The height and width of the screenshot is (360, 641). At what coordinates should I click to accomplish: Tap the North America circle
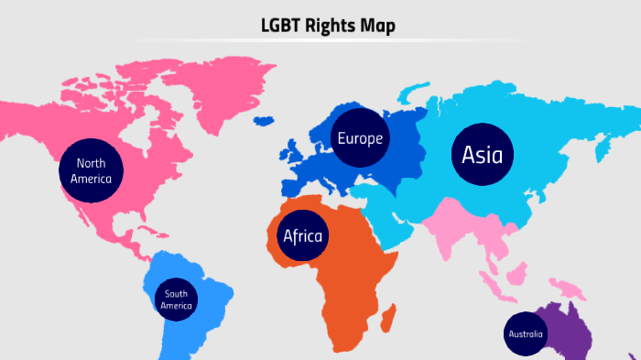tap(91, 170)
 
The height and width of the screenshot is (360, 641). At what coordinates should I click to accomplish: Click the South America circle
tap(176, 300)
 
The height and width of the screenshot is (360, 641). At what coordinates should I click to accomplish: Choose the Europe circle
tap(360, 139)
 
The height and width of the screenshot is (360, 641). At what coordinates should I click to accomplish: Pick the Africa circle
tap(303, 236)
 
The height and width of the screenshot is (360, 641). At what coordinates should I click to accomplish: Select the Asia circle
tap(482, 155)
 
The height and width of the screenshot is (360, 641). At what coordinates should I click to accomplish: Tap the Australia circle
tap(526, 334)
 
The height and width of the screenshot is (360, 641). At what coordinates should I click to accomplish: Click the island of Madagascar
tap(388, 319)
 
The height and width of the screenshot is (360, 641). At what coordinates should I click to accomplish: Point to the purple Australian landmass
tap(572, 330)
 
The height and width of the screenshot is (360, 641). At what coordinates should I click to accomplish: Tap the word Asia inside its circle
tap(482, 155)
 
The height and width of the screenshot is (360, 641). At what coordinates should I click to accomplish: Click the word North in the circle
tap(91, 163)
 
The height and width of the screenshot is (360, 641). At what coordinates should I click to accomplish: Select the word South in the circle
tap(176, 294)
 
